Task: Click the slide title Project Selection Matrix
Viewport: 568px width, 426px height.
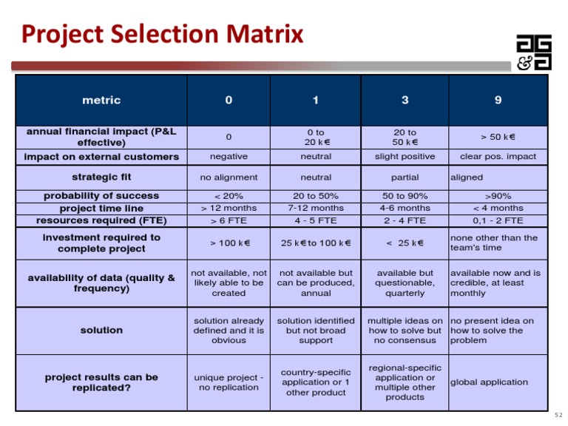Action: [162, 34]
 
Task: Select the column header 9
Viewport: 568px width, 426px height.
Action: [498, 101]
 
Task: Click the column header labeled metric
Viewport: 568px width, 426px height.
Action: [101, 101]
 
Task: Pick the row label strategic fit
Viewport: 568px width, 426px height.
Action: [101, 177]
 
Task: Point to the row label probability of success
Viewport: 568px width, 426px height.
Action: [101, 196]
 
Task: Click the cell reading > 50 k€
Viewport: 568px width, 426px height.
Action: [498, 137]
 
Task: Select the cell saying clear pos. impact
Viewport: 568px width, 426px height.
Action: [498, 157]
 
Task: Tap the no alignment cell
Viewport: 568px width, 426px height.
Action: [229, 177]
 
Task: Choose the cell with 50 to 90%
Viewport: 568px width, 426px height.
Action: [405, 196]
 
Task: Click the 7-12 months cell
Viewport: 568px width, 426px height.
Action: [316, 209]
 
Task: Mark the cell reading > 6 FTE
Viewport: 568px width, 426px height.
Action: [229, 220]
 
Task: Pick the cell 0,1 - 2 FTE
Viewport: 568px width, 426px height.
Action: [498, 220]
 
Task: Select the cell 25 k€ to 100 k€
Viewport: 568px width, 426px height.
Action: [316, 243]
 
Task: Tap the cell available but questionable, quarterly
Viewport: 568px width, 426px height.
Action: [405, 283]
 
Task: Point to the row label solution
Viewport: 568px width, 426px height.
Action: [101, 331]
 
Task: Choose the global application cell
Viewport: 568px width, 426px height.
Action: [489, 382]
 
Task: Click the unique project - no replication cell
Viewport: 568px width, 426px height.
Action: [229, 382]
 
